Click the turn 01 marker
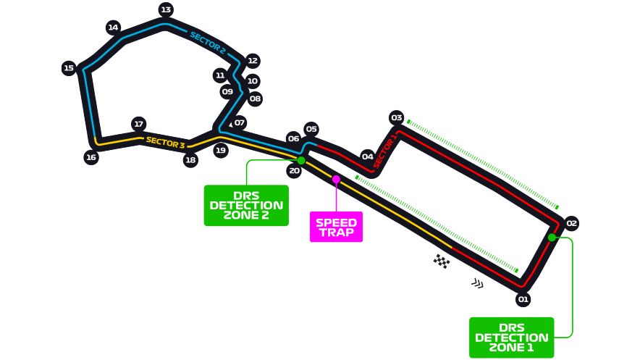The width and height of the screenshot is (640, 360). pos(523,299)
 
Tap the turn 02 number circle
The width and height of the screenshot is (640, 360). pos(572,223)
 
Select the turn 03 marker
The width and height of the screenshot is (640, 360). pos(396,117)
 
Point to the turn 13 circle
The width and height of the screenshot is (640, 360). pos(166,9)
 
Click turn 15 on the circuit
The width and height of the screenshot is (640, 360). pos(69,68)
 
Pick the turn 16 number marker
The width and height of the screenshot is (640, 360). pos(90,157)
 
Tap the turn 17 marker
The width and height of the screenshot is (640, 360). pos(138,124)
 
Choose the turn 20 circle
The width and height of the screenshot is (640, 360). pos(293,171)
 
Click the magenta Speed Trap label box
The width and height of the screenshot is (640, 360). pos(336,227)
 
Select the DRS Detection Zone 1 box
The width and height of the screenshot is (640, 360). pos(511,337)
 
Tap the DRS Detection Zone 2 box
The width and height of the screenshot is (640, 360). pos(246,205)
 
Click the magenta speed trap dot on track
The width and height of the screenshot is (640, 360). pos(336,179)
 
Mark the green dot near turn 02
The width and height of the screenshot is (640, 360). pos(552,237)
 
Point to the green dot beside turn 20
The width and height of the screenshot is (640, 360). pos(301,160)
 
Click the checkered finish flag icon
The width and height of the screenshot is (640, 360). pos(442,261)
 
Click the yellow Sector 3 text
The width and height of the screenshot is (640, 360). pos(165,142)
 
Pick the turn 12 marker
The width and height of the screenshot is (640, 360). pos(252,61)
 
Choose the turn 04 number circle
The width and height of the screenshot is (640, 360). pos(367,156)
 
